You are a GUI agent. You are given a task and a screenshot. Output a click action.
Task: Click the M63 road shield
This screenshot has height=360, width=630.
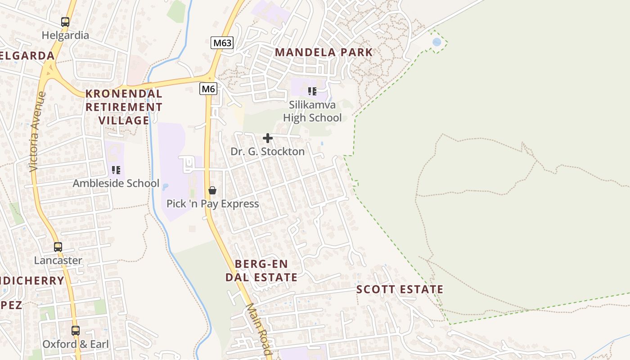pos(222,43)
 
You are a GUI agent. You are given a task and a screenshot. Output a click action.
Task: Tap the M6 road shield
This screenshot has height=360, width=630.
pos(208,89)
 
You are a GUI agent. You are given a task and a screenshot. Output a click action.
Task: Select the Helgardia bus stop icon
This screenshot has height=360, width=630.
pos(65,22)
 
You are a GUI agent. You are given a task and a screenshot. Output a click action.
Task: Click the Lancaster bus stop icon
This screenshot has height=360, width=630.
pos(58,247)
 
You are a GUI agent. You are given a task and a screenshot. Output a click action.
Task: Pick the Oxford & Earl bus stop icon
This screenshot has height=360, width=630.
pos(76,331)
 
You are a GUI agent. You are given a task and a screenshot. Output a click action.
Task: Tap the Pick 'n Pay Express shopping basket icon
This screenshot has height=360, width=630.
pos(212,190)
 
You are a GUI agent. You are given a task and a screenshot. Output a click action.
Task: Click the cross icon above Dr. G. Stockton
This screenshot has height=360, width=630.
pos(268,138)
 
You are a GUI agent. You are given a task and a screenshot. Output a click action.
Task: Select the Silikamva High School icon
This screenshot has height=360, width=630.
pos(312,91)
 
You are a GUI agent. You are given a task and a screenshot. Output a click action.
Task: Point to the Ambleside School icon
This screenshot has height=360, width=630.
pos(116,170)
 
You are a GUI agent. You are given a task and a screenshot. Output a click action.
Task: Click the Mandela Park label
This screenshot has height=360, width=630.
pos(324,52)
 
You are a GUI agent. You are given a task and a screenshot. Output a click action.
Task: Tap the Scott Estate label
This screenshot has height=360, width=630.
pos(400,289)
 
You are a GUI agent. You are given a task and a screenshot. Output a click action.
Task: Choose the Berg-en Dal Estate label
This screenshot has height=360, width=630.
pos(261,270)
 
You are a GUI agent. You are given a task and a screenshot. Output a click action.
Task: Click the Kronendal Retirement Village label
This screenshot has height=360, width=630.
pos(124,107)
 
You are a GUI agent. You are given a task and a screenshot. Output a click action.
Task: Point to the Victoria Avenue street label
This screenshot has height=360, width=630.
pos(37,131)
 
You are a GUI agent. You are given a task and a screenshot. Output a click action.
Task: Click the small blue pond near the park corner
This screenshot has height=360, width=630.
pos(436,42)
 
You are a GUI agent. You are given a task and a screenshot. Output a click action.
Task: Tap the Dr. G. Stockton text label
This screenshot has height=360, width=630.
pos(268,152)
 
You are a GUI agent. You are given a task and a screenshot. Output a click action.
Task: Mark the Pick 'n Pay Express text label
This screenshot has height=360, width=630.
pos(212,204)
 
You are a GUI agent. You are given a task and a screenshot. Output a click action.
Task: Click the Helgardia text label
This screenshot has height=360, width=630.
pos(65,35)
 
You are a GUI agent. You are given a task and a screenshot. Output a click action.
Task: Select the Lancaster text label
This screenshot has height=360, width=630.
pos(58,261)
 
